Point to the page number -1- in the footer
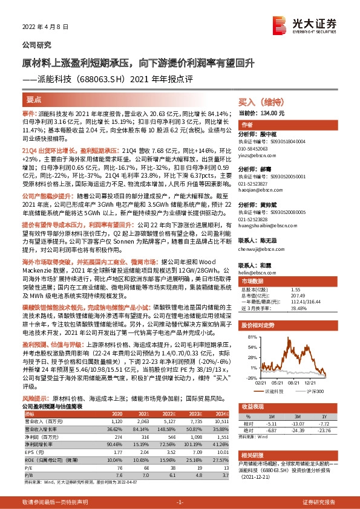coord(180,502)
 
